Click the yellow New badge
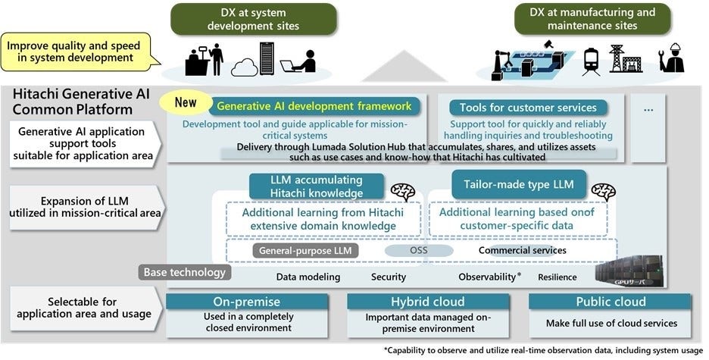pos(186,103)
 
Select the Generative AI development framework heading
pos(314,106)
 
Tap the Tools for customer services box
pos(528,108)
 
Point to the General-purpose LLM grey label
pos(305,250)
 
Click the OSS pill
pos(418,250)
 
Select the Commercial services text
pos(522,250)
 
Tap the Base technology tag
pos(184,272)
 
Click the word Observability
pos(486,277)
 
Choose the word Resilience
pos(557,277)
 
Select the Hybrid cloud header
pos(429,301)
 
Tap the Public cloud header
pos(610,301)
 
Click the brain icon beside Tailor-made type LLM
pos(603,192)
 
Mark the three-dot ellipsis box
pos(648,109)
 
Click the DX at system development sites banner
pos(253,19)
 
